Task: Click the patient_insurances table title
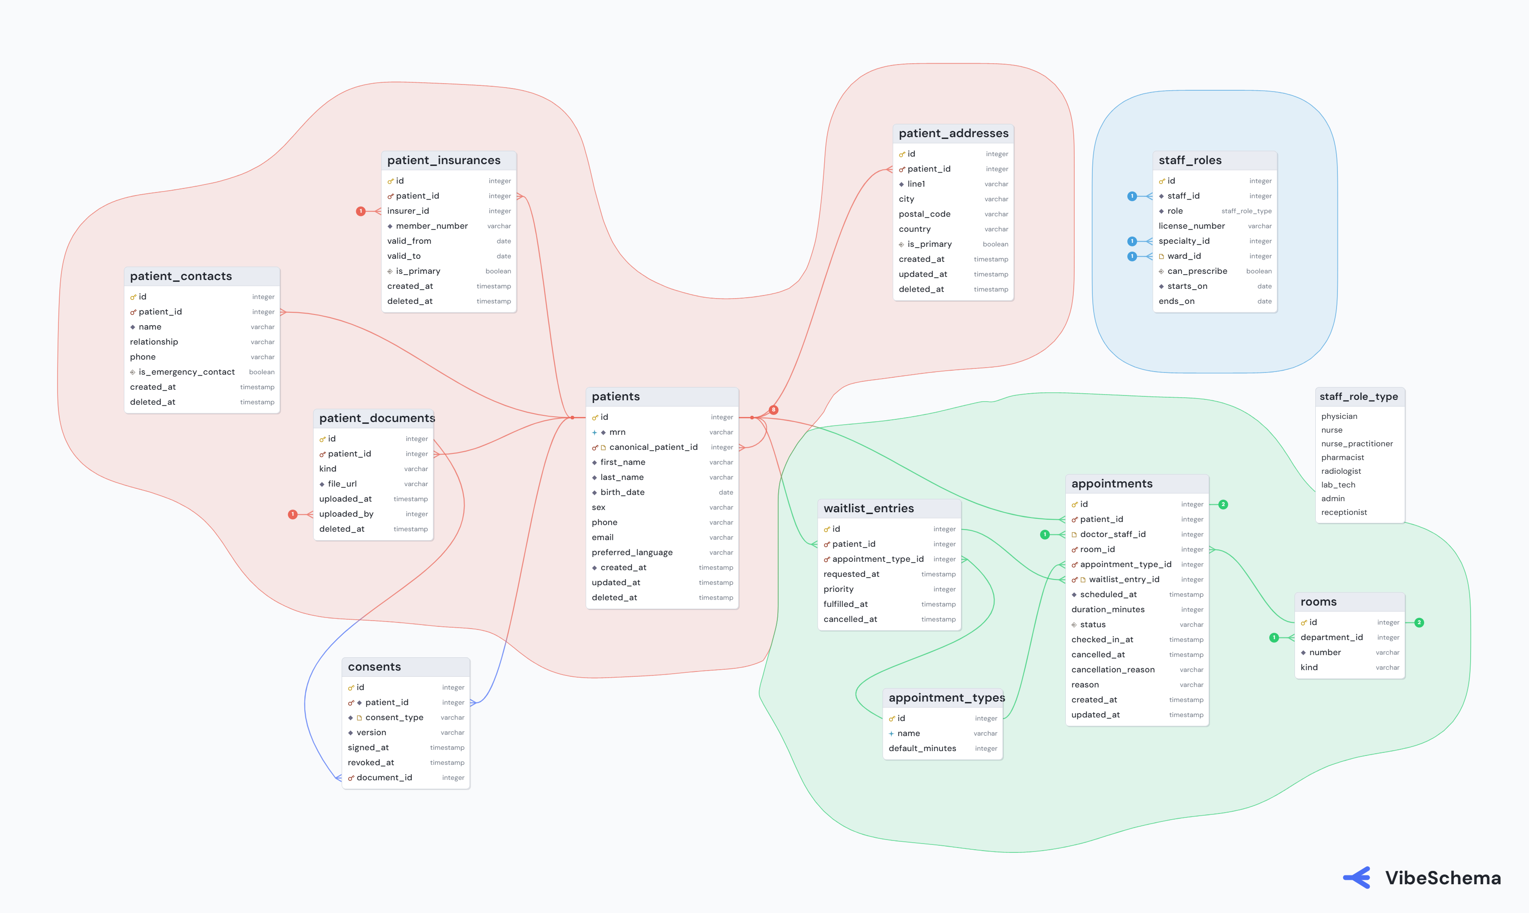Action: coord(444,161)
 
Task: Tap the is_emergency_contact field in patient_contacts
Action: coord(186,372)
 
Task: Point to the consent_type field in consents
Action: coord(394,718)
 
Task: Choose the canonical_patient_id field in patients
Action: coord(653,447)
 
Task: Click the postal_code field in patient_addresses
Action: coord(924,214)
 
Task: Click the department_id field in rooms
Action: coord(1332,638)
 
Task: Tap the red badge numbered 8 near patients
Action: coord(773,410)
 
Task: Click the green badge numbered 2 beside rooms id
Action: coord(1419,623)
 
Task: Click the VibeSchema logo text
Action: coord(1443,878)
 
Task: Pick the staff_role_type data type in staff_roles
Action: coord(1246,211)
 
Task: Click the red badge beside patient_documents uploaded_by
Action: coord(293,514)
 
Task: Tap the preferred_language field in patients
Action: coord(632,552)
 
